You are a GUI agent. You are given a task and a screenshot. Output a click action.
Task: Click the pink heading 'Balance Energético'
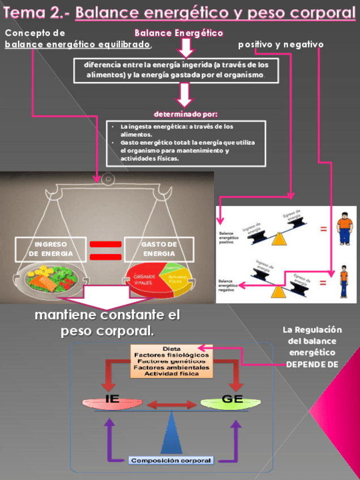pyautogui.click(x=179, y=33)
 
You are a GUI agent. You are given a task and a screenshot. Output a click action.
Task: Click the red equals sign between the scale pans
pyautogui.click(x=105, y=250)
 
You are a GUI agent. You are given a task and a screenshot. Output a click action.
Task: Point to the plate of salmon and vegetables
pyautogui.click(x=50, y=277)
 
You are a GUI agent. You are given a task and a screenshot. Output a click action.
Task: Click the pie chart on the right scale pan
pyautogui.click(x=159, y=278)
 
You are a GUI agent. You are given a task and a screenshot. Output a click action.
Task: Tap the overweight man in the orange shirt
pyautogui.click(x=344, y=229)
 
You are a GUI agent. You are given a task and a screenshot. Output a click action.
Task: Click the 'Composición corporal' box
pyautogui.click(x=172, y=460)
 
